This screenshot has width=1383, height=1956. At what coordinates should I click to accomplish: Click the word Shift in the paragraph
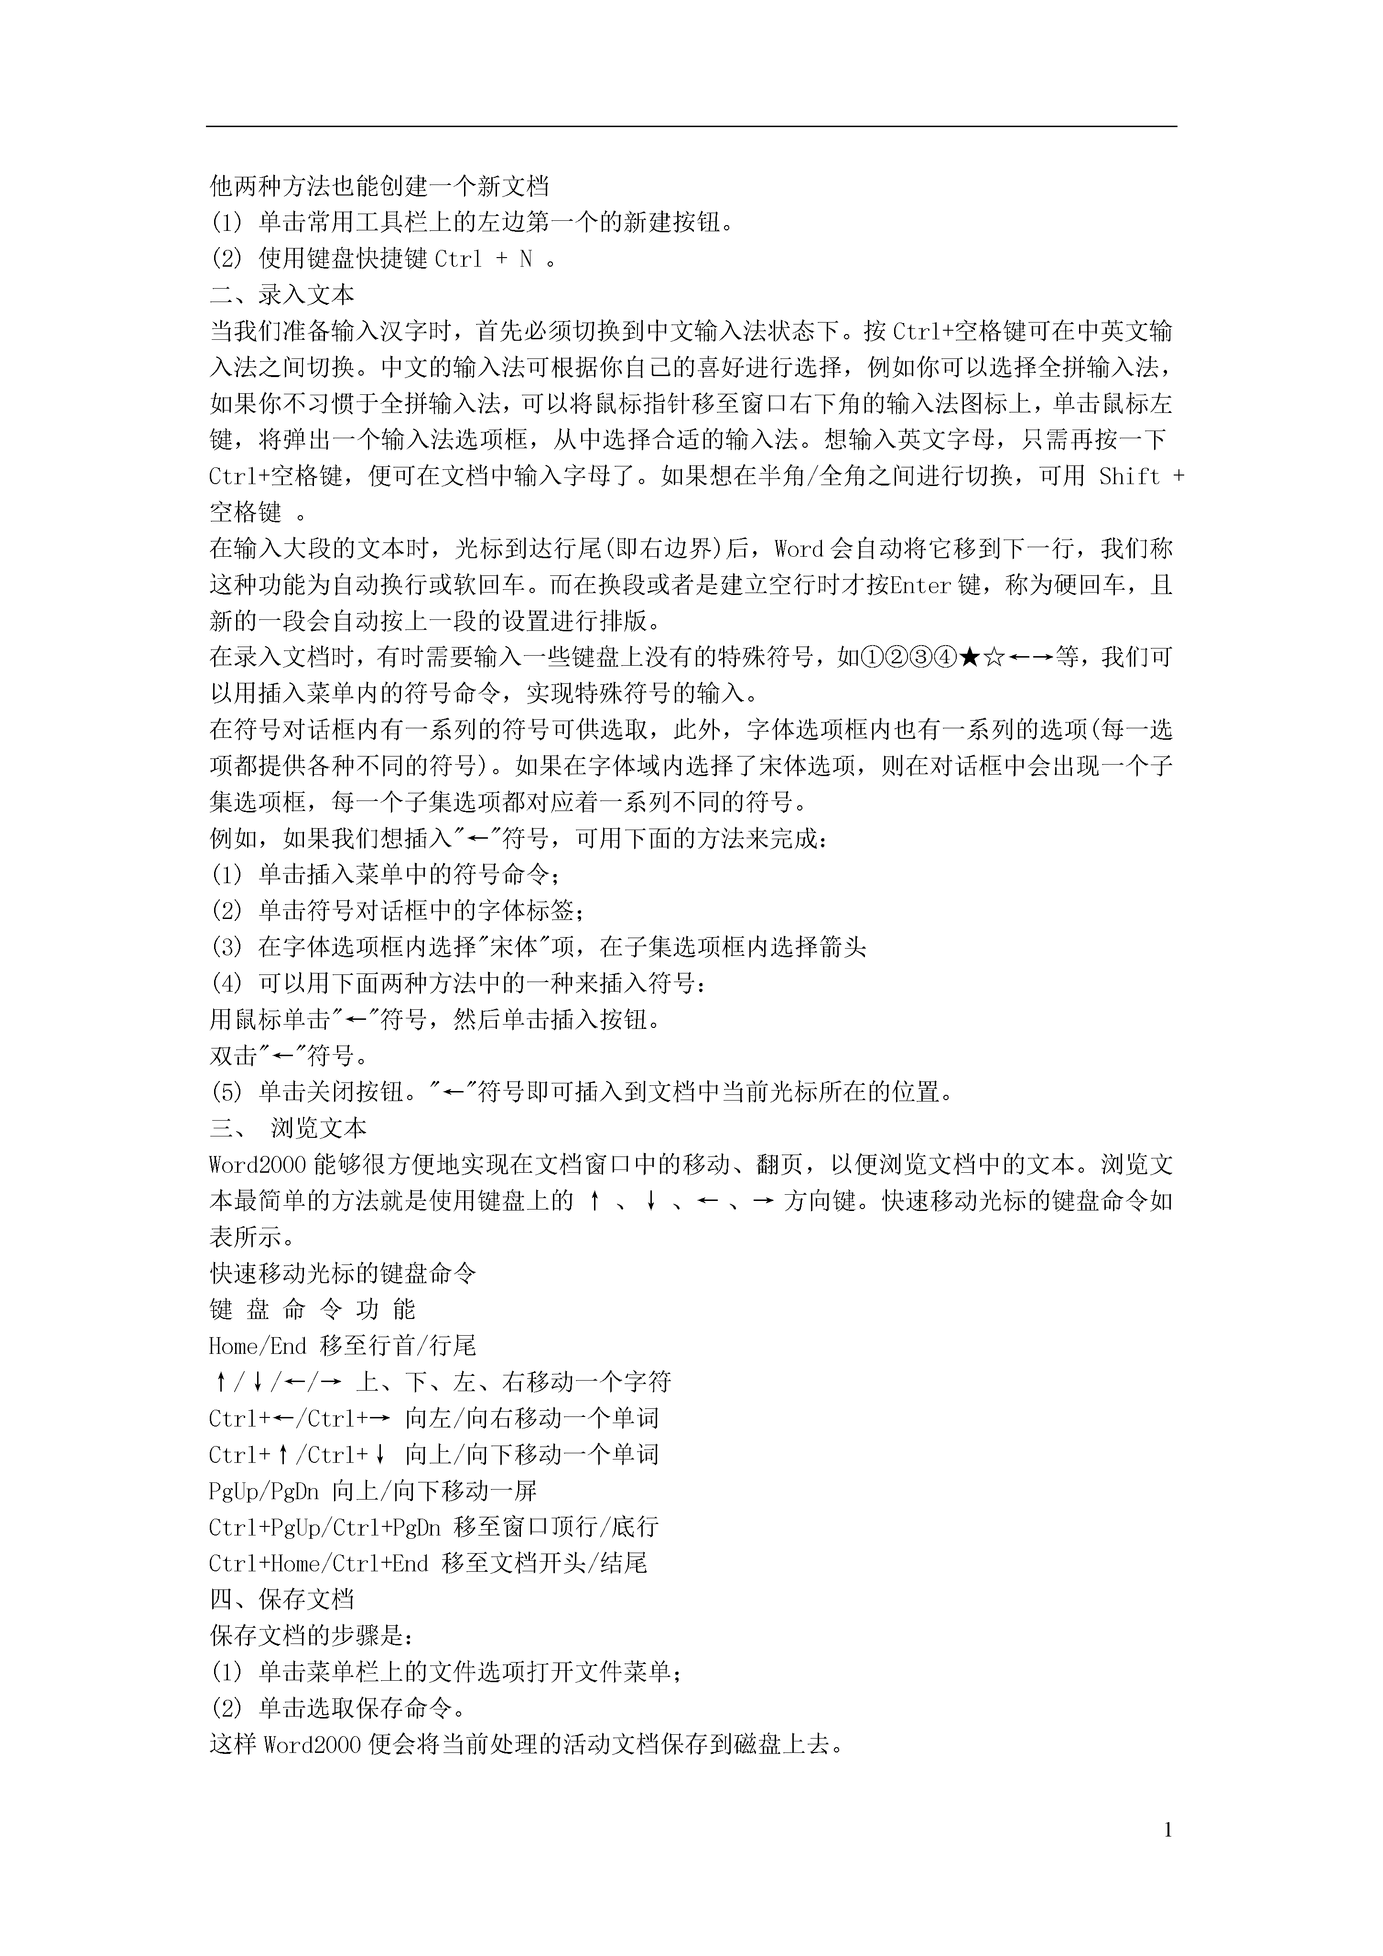click(x=1129, y=476)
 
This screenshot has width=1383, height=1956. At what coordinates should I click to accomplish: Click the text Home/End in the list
click(x=258, y=1346)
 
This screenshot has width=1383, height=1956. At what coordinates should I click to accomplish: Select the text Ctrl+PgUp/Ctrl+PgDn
click(x=324, y=1527)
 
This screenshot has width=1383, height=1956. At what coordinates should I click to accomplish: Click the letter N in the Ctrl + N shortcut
click(x=525, y=259)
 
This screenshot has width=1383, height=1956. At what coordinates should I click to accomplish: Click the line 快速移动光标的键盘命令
click(x=343, y=1274)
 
